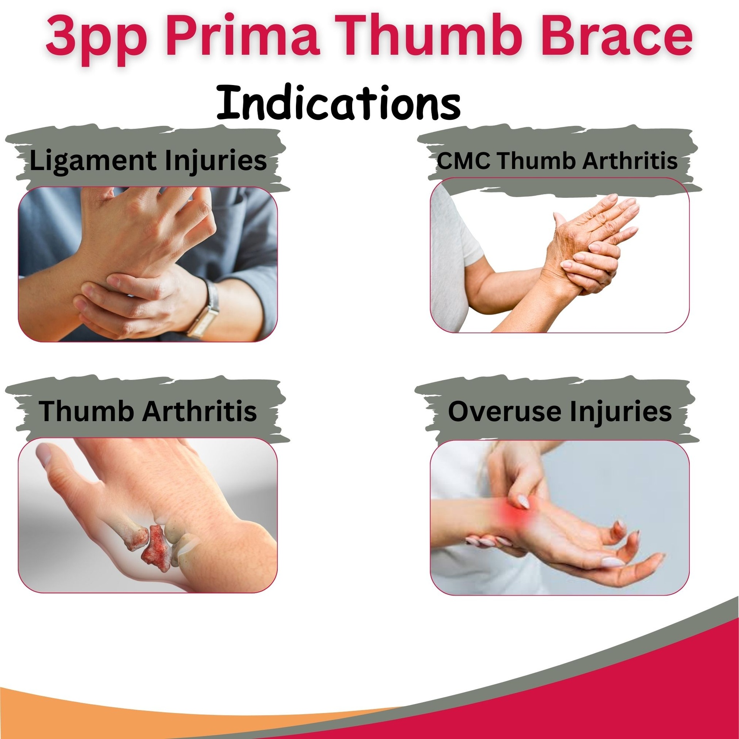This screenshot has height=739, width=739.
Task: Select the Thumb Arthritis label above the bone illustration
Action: coord(148,411)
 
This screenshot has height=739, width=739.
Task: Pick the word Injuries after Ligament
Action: coord(216,161)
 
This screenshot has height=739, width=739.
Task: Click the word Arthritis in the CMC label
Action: coord(630,161)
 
